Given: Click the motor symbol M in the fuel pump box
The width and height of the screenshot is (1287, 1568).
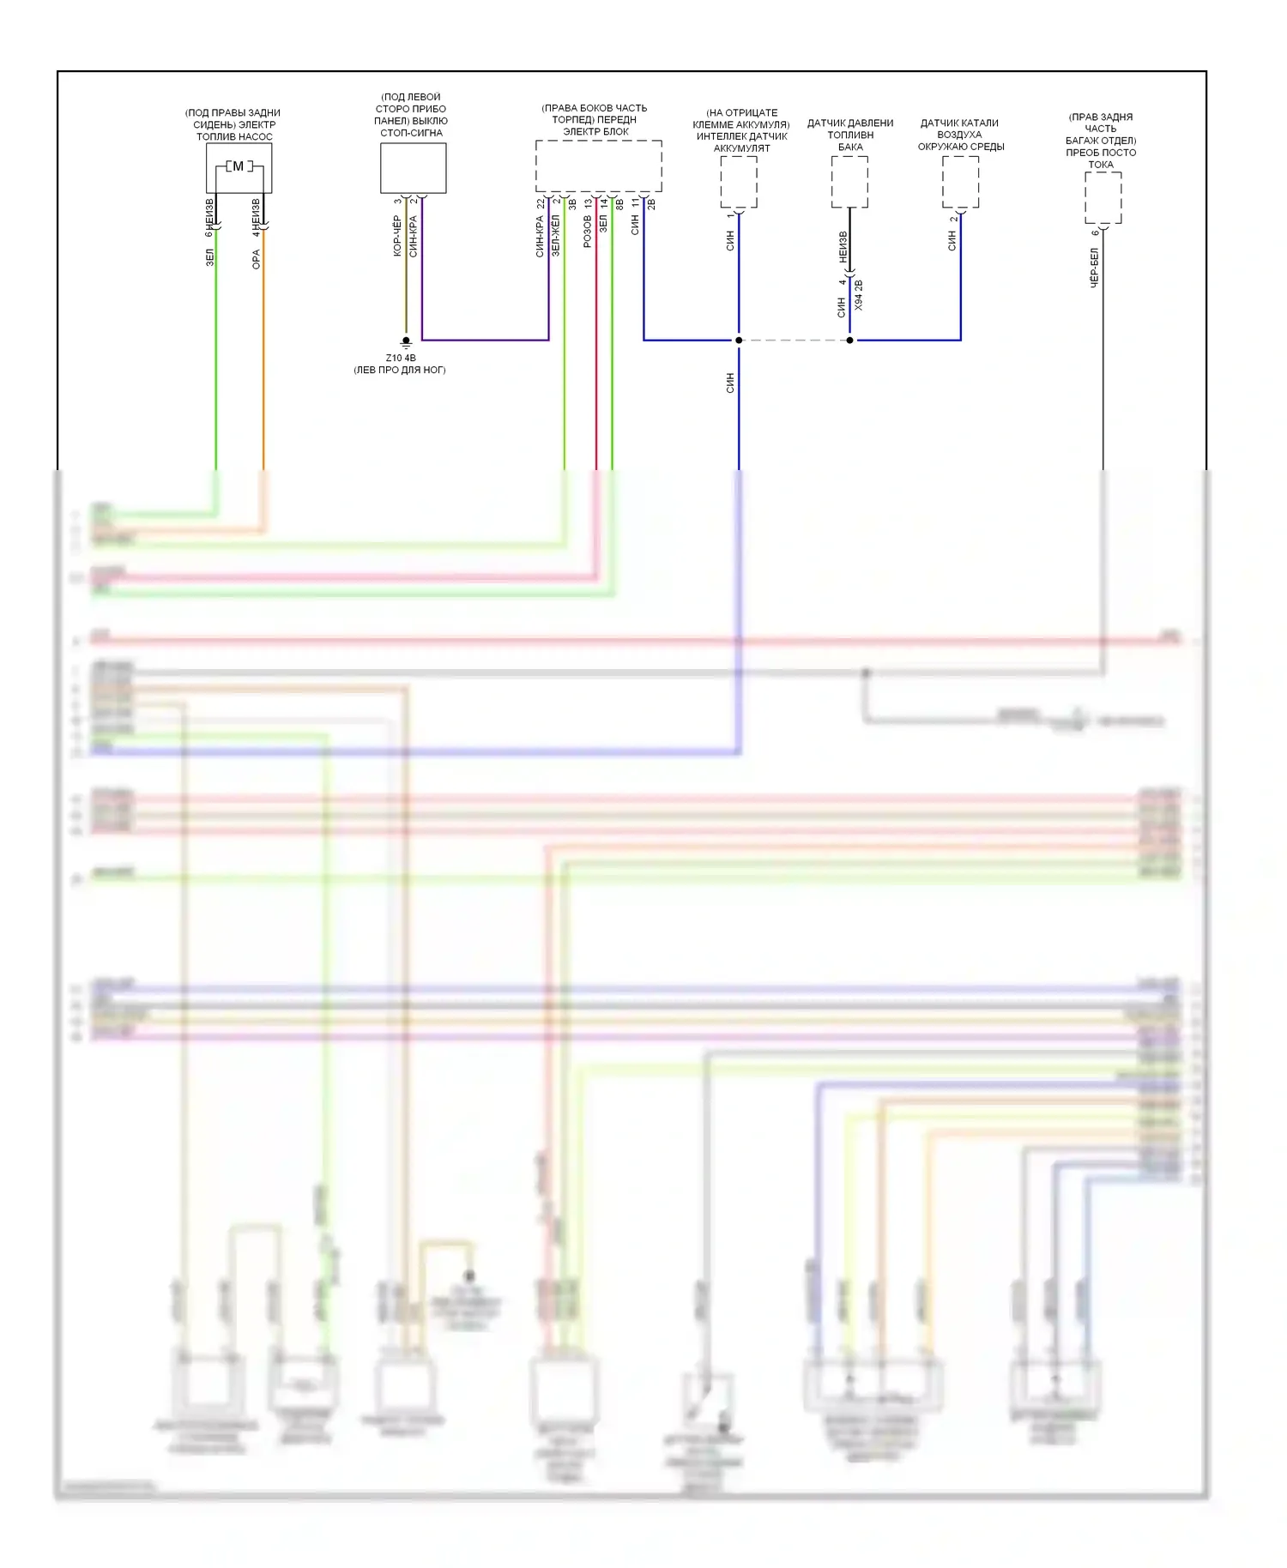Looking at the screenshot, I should coord(239,166).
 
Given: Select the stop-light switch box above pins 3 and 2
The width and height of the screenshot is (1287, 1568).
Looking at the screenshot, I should coord(413,168).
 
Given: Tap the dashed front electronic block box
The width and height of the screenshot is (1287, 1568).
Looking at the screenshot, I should coord(598,166).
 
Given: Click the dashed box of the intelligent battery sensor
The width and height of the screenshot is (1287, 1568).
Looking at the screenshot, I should coord(738,181).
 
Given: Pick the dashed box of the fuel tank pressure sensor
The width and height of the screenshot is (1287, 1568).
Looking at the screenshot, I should coord(849,181).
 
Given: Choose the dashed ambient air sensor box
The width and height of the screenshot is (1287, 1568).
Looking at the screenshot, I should coord(960,181).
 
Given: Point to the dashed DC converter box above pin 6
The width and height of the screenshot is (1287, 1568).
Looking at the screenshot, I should coord(1103,197).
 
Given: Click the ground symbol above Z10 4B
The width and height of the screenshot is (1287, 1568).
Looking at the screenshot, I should coord(406,342).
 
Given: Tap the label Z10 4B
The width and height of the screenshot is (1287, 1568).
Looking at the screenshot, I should coord(401,358).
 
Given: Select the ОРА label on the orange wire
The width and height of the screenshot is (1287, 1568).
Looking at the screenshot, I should coord(256,260).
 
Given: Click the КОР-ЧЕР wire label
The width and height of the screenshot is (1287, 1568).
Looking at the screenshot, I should coord(397,236).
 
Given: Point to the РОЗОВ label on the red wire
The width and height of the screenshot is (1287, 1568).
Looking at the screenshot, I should coord(588,232).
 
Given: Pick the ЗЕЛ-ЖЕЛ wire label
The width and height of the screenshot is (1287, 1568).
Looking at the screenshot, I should coord(556,236).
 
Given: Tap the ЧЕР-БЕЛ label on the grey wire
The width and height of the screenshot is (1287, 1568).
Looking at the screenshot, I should coord(1095,268).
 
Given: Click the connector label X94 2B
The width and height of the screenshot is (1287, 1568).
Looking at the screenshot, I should coord(859,294).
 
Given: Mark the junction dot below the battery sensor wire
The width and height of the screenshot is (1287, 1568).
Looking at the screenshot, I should coord(739,341).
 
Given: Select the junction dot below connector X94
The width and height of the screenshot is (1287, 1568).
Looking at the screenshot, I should coord(849,341).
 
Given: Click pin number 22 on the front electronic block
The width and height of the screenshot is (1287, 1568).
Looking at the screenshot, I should coord(541,204).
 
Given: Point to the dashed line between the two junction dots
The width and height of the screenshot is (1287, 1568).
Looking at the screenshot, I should coord(794,341).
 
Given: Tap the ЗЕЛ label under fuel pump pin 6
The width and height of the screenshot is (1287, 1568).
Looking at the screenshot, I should coord(209,257).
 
